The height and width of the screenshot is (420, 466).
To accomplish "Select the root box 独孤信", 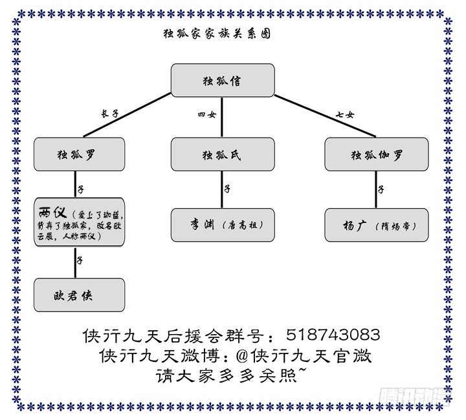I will [222, 80].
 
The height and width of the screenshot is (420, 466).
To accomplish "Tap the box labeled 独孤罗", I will [80, 154].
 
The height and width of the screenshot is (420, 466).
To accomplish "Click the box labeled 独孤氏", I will [222, 154].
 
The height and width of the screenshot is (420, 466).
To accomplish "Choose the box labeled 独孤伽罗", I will [376, 154].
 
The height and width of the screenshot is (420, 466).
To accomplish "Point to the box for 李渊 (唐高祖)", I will [222, 225].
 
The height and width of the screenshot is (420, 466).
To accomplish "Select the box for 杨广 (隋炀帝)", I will [376, 225].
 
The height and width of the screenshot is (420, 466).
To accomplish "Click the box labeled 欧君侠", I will [80, 295].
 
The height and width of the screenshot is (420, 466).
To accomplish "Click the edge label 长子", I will [109, 113].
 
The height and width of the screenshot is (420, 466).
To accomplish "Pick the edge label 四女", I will [206, 114].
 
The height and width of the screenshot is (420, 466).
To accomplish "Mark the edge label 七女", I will [344, 114].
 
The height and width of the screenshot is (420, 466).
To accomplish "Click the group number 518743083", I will [332, 335].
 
